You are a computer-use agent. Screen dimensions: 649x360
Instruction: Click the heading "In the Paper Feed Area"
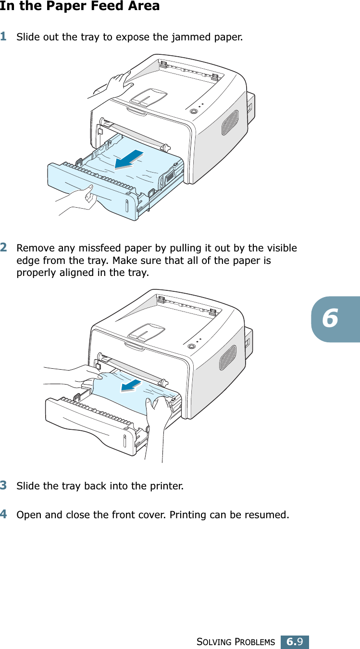click(x=80, y=7)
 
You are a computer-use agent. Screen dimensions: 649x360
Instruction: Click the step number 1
click(x=4, y=37)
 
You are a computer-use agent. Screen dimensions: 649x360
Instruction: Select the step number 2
click(x=4, y=248)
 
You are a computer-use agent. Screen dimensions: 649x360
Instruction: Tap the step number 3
click(x=4, y=485)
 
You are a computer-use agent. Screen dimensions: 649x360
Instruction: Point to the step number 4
click(x=4, y=515)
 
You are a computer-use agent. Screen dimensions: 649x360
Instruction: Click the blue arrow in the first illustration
click(x=129, y=160)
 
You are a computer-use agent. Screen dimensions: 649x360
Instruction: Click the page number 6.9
click(x=295, y=642)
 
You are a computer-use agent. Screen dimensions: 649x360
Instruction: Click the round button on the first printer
click(x=194, y=111)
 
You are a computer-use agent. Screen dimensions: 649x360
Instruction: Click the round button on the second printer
click(x=191, y=346)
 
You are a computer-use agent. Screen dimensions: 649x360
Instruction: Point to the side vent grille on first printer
click(x=230, y=122)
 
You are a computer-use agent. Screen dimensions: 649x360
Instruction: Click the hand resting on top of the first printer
click(x=118, y=82)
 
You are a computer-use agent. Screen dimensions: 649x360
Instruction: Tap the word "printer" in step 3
click(x=166, y=486)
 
